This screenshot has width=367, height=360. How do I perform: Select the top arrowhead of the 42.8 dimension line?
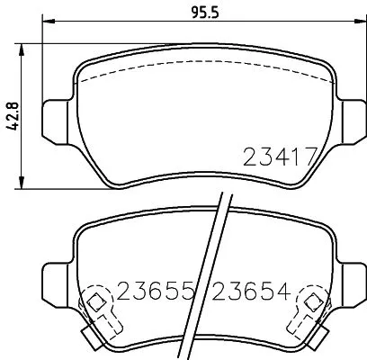coord(24,42)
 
